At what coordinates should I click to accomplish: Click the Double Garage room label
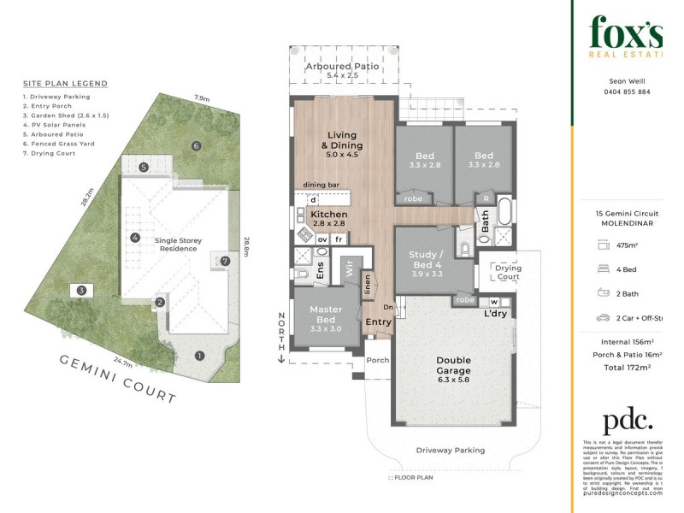pos(453,366)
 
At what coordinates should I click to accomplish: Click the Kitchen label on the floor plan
pos(328,215)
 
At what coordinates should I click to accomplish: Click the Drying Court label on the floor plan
pos(508,273)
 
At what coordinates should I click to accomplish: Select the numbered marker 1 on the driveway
pos(199,356)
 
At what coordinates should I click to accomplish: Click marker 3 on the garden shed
pos(81,291)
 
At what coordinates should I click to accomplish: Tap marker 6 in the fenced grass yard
pos(196,146)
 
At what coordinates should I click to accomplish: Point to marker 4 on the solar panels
pos(134,237)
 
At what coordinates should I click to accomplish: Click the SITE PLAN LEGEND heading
pos(65,84)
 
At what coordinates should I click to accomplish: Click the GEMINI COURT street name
pos(117,379)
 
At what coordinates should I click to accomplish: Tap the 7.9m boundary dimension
pos(202,98)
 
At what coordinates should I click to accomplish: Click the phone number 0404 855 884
pos(626,91)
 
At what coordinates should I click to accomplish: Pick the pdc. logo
pos(627,422)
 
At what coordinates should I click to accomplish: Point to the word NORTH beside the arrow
pos(280,329)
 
